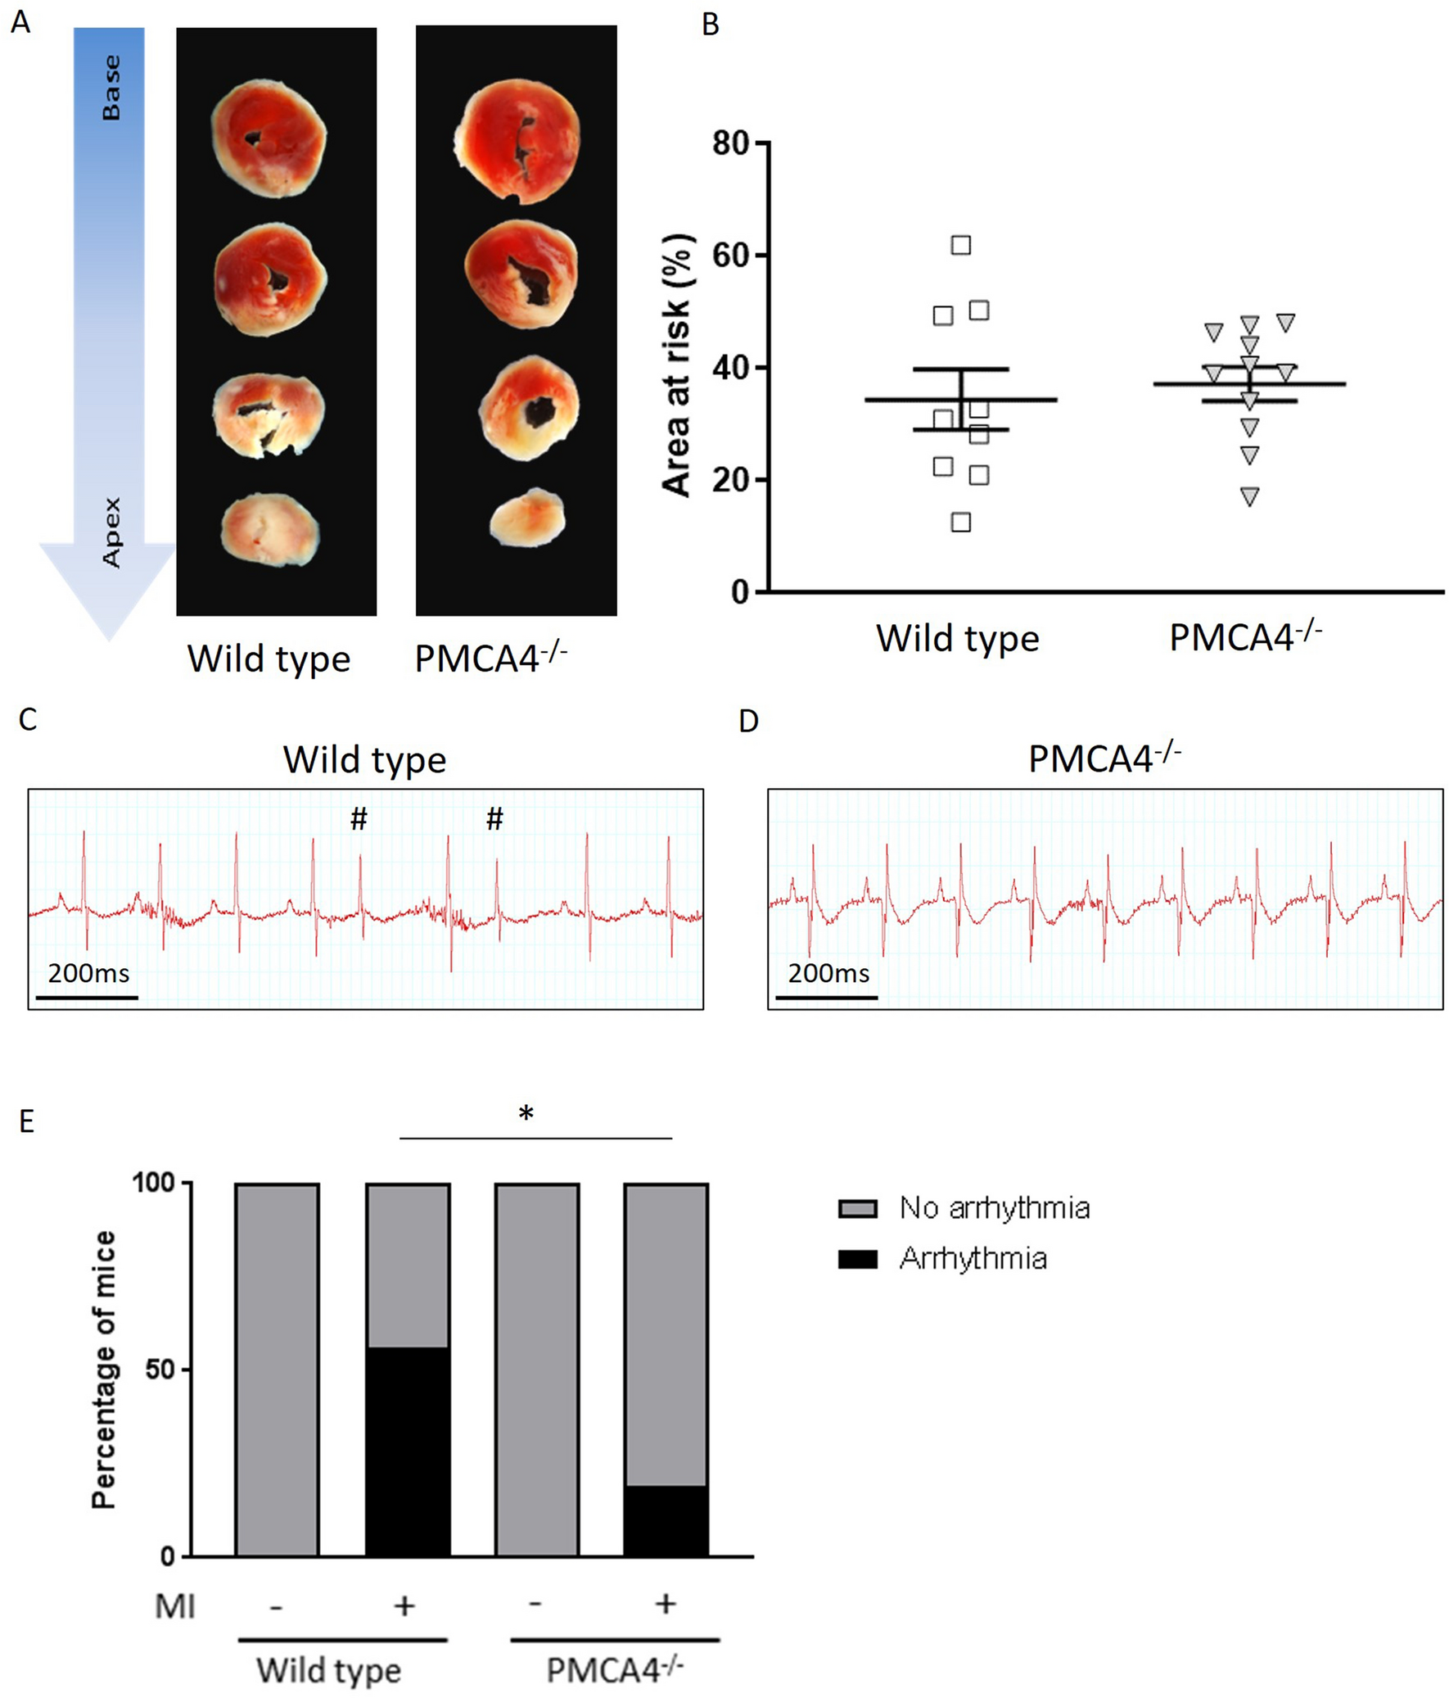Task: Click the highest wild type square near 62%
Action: pyautogui.click(x=960, y=245)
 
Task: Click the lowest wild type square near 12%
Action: pyautogui.click(x=960, y=522)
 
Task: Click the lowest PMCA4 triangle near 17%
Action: pyautogui.click(x=1248, y=496)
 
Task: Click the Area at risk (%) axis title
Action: pyautogui.click(x=677, y=365)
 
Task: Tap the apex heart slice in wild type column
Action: pyautogui.click(x=269, y=530)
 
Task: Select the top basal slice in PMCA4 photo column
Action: pyautogui.click(x=517, y=139)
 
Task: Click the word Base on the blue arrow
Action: pyautogui.click(x=111, y=88)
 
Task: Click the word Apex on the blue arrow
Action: pyautogui.click(x=111, y=532)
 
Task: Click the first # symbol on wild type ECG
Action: pyautogui.click(x=358, y=818)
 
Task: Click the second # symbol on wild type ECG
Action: pyautogui.click(x=494, y=818)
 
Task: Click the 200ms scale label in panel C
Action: pyautogui.click(x=88, y=974)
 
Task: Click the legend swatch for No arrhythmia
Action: pyautogui.click(x=857, y=1209)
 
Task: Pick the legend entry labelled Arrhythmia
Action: pyautogui.click(x=972, y=1259)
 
